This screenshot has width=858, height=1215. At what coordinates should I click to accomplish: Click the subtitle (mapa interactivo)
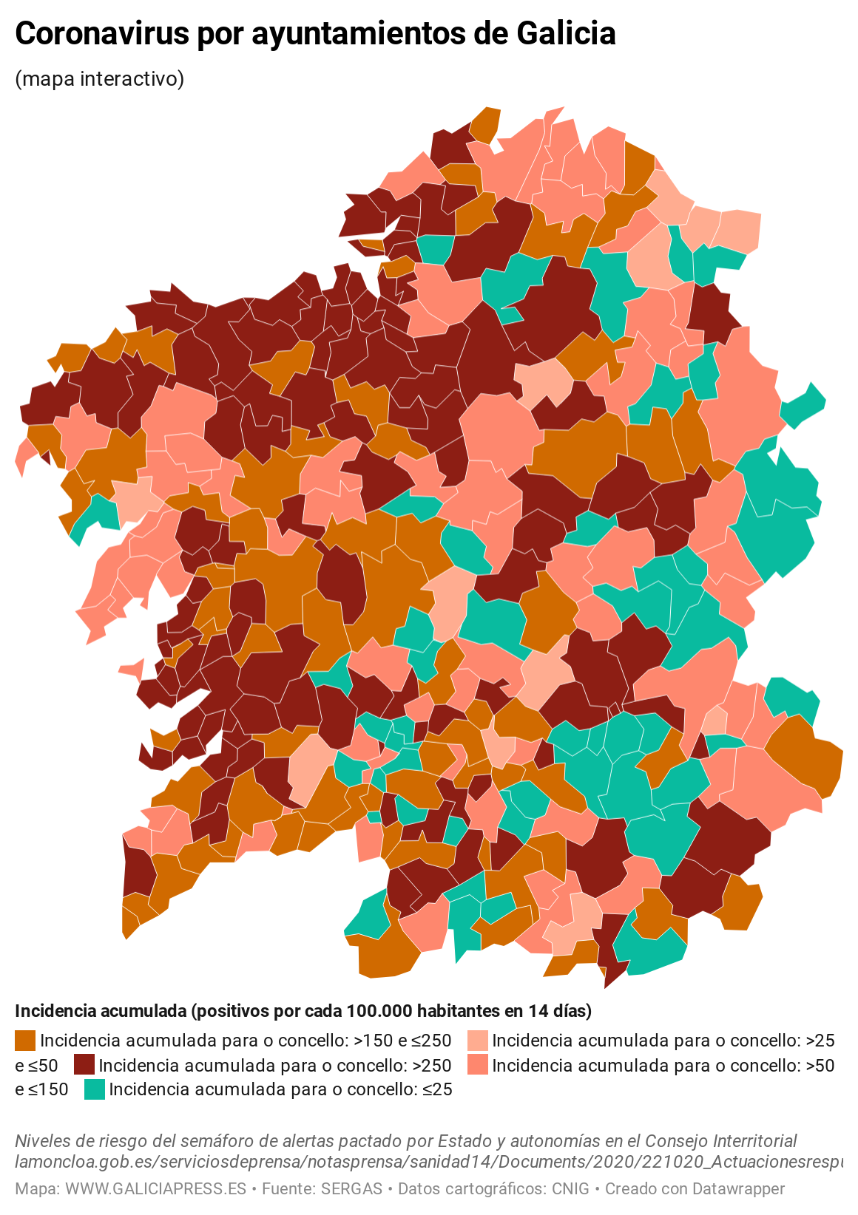click(99, 78)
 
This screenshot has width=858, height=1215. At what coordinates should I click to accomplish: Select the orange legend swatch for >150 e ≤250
click(25, 1041)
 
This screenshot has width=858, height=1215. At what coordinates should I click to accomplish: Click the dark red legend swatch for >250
click(84, 1065)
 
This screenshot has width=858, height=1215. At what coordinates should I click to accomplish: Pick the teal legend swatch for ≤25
click(95, 1089)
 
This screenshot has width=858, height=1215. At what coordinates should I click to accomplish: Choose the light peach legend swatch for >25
click(478, 1041)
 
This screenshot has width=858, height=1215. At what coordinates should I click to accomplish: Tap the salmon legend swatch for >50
click(478, 1065)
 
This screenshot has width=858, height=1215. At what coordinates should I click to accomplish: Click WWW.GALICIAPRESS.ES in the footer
click(155, 1189)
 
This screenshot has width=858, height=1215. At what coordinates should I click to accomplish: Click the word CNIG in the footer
click(570, 1189)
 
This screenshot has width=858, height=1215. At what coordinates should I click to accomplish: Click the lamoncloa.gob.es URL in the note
click(429, 1162)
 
